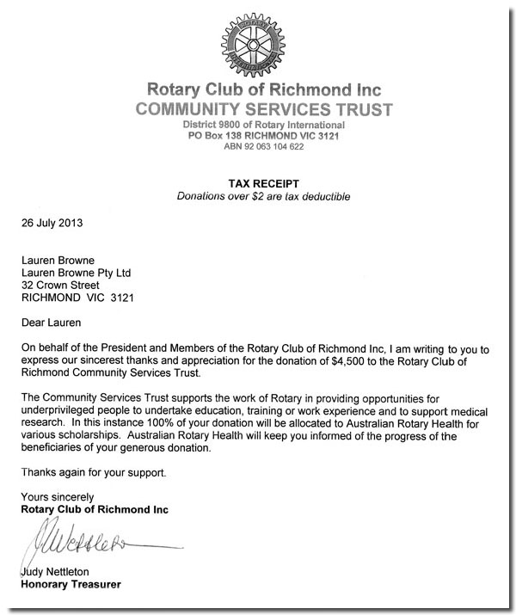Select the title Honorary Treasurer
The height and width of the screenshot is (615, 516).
coord(71,586)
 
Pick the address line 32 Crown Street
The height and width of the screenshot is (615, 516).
coord(60,286)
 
